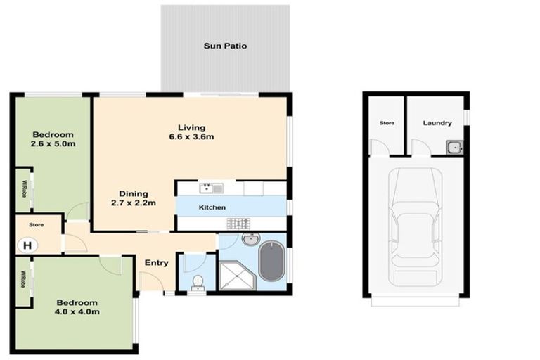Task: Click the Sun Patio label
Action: pos(225,46)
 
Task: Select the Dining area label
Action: pos(133,194)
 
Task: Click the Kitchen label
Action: pos(212,208)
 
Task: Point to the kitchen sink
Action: pos(210,188)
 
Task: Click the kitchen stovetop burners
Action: pos(238,224)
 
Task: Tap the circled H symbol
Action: pos(27,245)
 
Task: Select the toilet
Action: pos(198,282)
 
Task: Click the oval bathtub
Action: pos(272,262)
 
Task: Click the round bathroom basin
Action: pos(250,240)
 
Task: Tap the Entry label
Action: pos(156,263)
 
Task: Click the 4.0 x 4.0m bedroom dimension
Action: pos(77,311)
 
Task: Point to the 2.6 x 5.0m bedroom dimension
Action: pos(53,144)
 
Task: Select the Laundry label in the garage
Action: pos(437,123)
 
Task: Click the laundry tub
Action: pos(454,147)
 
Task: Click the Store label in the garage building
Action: pos(387,123)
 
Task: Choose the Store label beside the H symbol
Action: pos(37,226)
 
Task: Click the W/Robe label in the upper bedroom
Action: pos(24,189)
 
